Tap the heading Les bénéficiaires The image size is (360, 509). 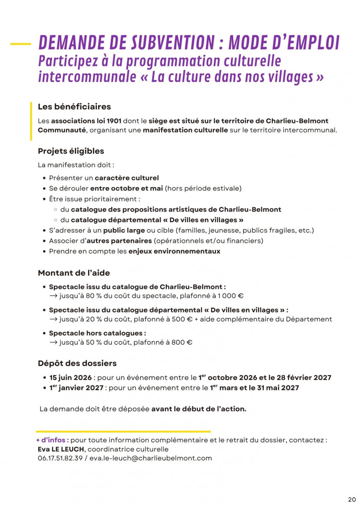[74, 107]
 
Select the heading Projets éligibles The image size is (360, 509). [71, 151]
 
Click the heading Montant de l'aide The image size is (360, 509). [74, 273]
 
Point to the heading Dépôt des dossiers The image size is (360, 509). [77, 363]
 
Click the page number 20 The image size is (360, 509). [352, 500]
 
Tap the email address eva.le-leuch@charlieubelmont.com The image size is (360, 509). [151, 458]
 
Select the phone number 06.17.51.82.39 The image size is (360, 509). [60, 458]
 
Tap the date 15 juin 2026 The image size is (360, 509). [70, 378]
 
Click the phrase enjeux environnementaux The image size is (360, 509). [174, 251]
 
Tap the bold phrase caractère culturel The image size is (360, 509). [127, 178]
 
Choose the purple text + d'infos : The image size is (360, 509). [52, 440]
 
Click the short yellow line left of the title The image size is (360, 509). [20, 44]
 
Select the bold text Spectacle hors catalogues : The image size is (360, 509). [98, 333]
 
